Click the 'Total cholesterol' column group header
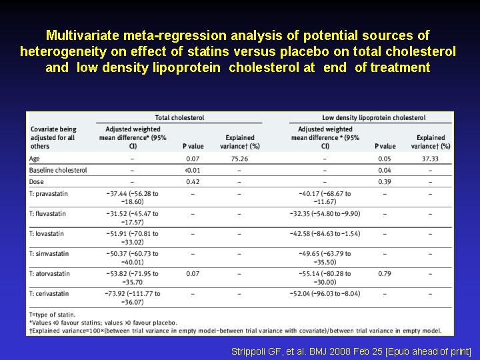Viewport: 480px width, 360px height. [179, 117]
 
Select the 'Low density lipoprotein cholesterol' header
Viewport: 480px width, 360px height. [374, 117]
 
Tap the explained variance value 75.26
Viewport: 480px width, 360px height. [239, 159]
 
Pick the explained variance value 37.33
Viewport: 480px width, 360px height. [430, 159]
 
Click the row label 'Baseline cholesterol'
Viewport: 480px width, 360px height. [58, 170]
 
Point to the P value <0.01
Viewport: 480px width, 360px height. [193, 170]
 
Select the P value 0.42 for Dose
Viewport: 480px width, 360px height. [193, 182]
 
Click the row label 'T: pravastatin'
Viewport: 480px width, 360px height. [49, 194]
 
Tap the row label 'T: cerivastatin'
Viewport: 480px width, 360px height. [49, 293]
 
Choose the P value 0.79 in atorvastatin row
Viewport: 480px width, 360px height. [385, 274]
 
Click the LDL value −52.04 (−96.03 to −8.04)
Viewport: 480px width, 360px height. [325, 294]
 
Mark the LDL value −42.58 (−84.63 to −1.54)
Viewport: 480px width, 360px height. [325, 234]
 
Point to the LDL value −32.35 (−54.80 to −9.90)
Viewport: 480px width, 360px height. [325, 214]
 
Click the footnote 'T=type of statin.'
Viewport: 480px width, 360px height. [52, 315]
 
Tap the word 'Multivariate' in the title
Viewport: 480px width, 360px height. [83, 35]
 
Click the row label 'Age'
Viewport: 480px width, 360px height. [34, 159]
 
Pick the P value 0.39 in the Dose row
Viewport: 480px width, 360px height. [385, 182]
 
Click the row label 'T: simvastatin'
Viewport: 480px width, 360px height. [49, 254]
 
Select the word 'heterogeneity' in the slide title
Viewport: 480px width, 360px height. [63, 51]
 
